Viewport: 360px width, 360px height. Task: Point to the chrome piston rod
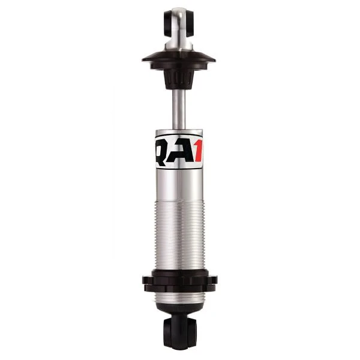(179, 108)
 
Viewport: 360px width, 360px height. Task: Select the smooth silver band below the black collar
(180, 298)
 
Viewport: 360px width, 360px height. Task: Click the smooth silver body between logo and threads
(180, 186)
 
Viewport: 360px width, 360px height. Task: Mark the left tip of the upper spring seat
(145, 58)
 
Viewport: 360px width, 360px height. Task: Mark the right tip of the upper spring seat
(215, 58)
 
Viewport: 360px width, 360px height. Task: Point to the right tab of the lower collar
(214, 280)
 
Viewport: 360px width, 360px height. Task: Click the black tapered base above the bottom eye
(180, 313)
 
